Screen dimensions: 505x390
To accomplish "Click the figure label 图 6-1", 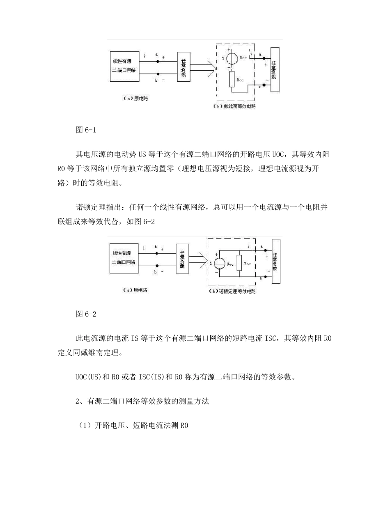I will (85, 130).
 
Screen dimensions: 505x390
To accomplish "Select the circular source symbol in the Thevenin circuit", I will (232, 58).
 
